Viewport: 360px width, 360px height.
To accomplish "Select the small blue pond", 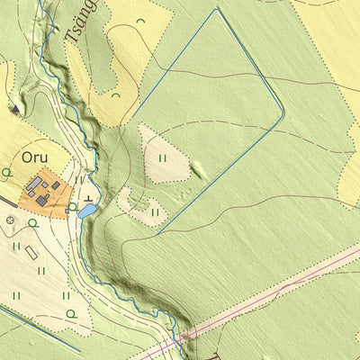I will [87, 211].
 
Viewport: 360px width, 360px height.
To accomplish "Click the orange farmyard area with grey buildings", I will [44, 193].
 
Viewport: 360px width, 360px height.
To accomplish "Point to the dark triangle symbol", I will [14, 109].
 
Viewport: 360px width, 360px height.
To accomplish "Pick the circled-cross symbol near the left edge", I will [10, 219].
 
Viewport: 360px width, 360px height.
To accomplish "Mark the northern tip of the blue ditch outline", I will [218, 9].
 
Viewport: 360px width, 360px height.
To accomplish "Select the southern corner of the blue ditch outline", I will [157, 234].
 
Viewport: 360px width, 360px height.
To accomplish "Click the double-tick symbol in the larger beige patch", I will [163, 157].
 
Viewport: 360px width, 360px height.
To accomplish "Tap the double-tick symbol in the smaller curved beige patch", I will [155, 212].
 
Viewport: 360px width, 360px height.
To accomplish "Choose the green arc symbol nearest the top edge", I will [140, 20].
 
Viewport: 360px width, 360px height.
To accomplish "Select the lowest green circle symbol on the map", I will [71, 313].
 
